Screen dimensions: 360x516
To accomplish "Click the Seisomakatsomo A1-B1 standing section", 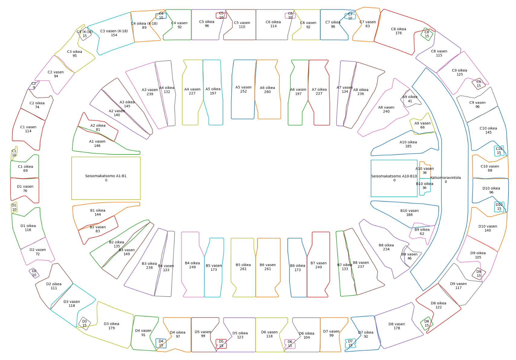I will pos(106,178).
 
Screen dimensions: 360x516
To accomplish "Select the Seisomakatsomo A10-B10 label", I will pos(394,178).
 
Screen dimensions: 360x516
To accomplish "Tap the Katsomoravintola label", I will pos(445,180).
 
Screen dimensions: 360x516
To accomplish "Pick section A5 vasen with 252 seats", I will pos(243,89).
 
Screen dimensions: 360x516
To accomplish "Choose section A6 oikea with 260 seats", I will pos(267,90).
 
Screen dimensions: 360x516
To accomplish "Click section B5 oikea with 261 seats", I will pos(243,267).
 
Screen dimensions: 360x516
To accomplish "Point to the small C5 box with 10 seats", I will pos(221,15).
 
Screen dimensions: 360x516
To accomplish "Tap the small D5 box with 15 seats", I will pos(221,344).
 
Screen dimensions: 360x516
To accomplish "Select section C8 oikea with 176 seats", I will pos(398,31).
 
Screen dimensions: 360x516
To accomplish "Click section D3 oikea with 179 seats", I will pos(111,326).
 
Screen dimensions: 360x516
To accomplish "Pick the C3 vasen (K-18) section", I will pos(114,33).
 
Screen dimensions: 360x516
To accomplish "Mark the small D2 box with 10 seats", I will pos(34,273).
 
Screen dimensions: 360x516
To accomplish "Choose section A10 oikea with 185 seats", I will pos(408,144).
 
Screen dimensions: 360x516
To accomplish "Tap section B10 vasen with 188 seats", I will pos(409,213).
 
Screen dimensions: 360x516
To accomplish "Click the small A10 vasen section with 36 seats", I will pos(424,171).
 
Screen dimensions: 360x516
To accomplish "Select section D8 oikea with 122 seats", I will pos(438,305).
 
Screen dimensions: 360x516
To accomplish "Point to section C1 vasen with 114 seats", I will pos(28,129).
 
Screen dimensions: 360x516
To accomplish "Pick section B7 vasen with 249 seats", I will pos(318,265).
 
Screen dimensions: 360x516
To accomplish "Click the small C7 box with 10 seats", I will pos(350,16).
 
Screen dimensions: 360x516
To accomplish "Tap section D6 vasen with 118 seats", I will pos(269,334).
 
